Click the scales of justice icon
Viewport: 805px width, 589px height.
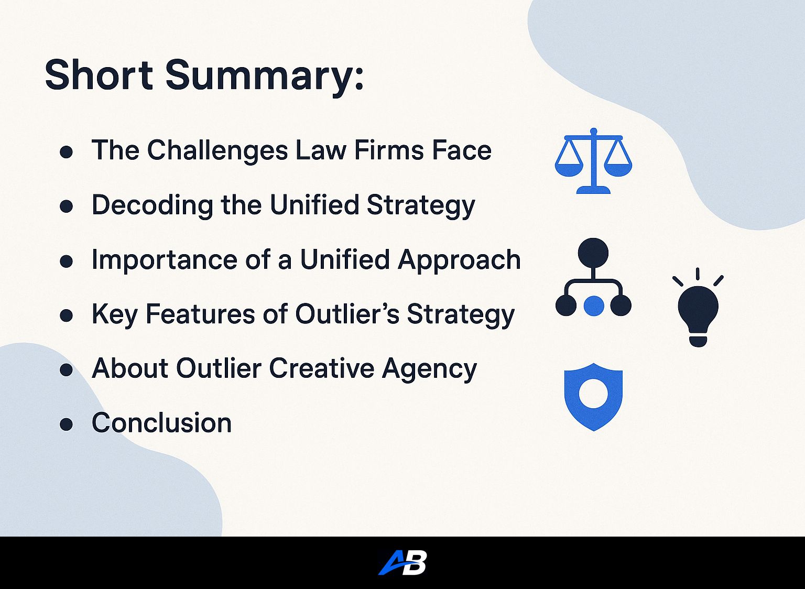tap(593, 161)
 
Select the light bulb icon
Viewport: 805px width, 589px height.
tap(698, 307)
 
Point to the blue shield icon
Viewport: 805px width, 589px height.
tap(593, 397)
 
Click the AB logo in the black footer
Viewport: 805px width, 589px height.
tap(402, 563)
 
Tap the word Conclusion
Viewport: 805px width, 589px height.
tap(162, 422)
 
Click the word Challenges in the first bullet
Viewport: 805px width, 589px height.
tap(217, 150)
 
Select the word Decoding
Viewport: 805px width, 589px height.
tap(153, 205)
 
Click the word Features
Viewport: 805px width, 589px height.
tap(201, 314)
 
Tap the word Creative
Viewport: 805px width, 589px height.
tap(322, 368)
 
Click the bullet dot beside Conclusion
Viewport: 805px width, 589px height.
tap(67, 424)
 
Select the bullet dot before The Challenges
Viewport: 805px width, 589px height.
tap(67, 152)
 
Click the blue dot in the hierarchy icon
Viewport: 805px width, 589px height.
tap(594, 306)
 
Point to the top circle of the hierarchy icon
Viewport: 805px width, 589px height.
tap(593, 253)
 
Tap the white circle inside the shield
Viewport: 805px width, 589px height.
tap(593, 394)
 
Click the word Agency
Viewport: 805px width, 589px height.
tap(429, 369)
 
